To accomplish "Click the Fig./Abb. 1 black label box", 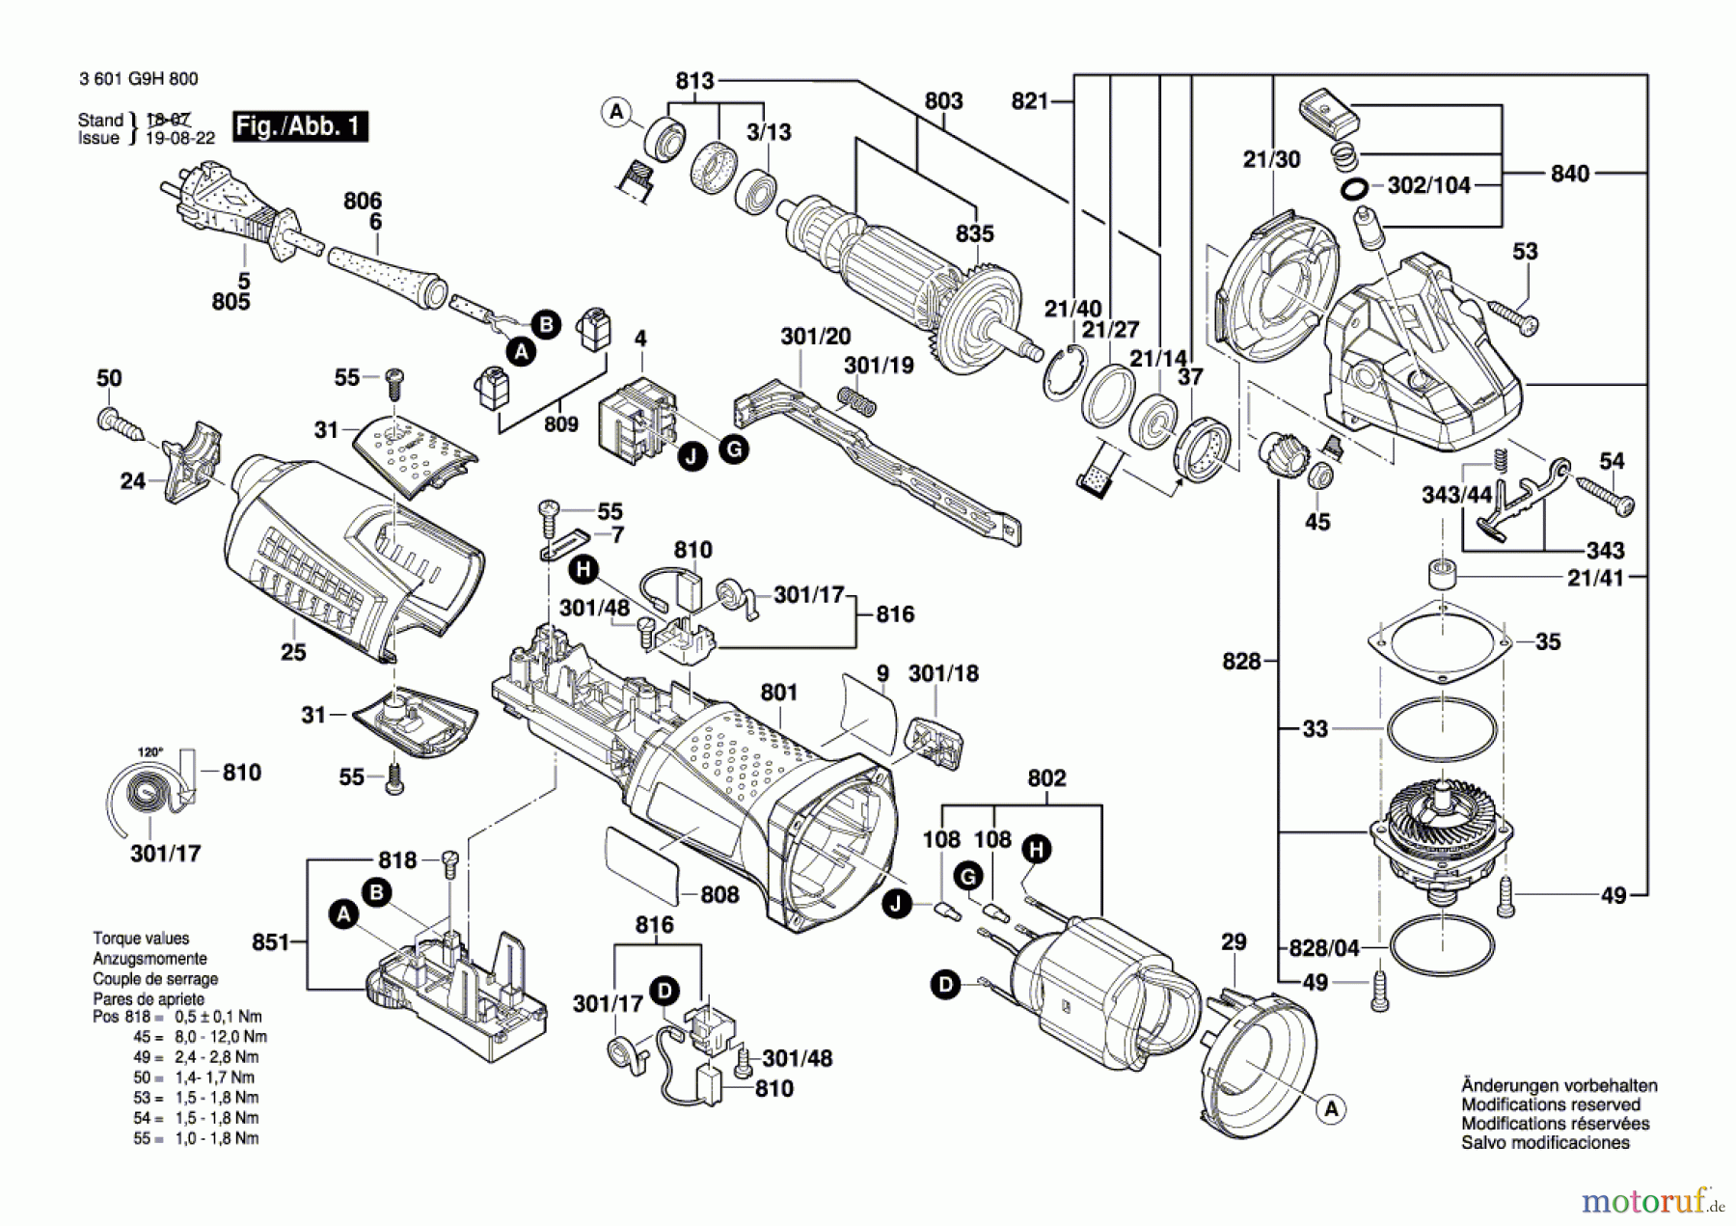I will click(x=300, y=126).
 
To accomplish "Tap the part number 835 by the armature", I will click(x=975, y=233).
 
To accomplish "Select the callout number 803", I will click(x=943, y=101).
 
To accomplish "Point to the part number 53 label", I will click(x=1525, y=252).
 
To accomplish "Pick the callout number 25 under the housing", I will click(x=293, y=652).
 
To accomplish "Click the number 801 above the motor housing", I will click(x=779, y=693).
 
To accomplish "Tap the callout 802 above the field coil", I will click(x=1046, y=777).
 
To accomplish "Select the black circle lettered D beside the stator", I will click(x=945, y=985).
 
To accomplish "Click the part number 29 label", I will click(x=1234, y=941).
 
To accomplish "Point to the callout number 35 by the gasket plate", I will click(x=1548, y=641).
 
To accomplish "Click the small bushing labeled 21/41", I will click(x=1442, y=575).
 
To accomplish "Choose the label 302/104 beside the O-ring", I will click(x=1429, y=185).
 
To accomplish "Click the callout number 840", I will click(x=1570, y=174).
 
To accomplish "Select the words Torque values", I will click(x=141, y=939).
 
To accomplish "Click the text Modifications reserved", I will click(x=1551, y=1104).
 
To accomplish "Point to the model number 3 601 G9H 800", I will click(x=139, y=79).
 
